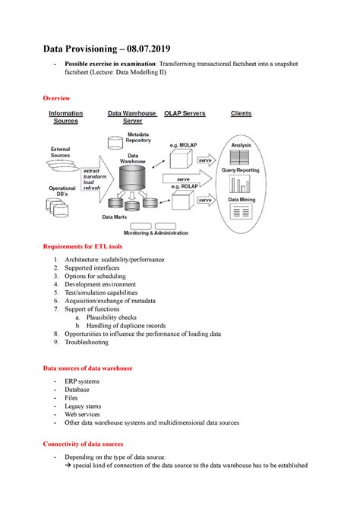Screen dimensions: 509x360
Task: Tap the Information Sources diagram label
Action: coord(65,117)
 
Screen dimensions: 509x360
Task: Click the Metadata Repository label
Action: coord(138,138)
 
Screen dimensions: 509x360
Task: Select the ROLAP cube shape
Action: coord(182,202)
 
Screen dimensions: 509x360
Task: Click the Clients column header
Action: coord(241,113)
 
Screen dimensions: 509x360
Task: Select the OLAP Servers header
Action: coord(185,113)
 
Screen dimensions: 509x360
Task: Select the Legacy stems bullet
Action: coord(84,406)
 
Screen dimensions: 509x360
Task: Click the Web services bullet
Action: coord(84,415)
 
